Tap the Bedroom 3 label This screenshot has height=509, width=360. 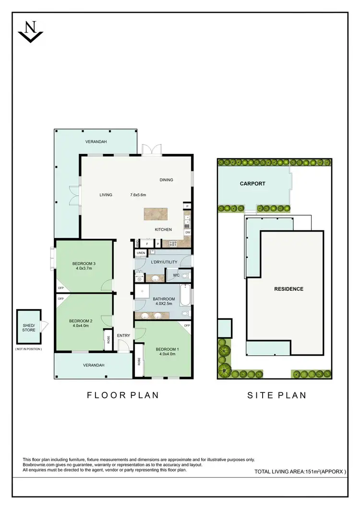84,264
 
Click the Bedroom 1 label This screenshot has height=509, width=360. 167,349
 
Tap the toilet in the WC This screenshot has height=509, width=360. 185,276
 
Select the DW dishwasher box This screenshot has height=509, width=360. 187,232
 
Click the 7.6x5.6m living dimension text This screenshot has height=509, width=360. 138,195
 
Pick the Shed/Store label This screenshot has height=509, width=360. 29,328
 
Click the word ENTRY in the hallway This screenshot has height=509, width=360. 124,335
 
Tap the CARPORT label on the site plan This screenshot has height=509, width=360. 252,184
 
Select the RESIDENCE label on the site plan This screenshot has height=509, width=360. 288,289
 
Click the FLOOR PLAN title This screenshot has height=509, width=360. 122,395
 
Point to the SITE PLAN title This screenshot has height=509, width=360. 276,395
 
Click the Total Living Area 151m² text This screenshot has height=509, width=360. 300,472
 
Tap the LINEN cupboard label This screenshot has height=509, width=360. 141,253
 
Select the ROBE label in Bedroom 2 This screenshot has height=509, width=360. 108,340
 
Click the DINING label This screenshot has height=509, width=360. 166,180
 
